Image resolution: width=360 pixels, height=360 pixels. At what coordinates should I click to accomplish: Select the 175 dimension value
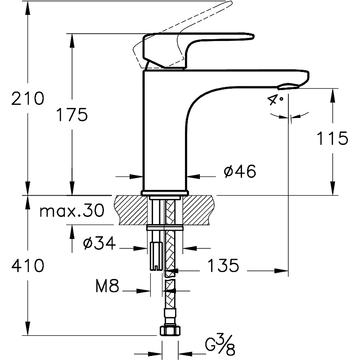[x=72, y=115]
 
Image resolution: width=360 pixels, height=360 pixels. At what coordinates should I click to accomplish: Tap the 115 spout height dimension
[x=332, y=138]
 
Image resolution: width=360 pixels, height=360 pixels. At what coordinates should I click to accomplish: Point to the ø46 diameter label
[x=239, y=171]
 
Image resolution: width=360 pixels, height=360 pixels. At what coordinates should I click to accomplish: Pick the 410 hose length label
[x=28, y=266]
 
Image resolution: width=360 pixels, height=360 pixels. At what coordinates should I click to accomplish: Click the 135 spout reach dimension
[x=223, y=266]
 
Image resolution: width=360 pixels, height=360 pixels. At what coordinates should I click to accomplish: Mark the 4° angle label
[x=275, y=99]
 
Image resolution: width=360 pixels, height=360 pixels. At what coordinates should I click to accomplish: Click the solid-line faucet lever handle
[x=198, y=43]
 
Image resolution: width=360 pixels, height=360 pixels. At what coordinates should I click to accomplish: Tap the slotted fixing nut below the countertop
[x=155, y=255]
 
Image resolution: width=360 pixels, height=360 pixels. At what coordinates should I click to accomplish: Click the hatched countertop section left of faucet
[x=130, y=210]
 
